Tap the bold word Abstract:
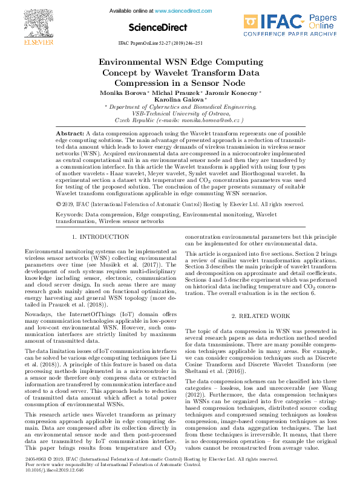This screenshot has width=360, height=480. point(70,132)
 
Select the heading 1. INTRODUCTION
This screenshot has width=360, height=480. point(100,237)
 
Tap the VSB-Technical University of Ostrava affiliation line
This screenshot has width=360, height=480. point(180,113)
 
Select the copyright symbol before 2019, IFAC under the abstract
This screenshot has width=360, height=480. point(57,204)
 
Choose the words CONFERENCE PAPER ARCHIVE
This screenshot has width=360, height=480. point(299,35)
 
